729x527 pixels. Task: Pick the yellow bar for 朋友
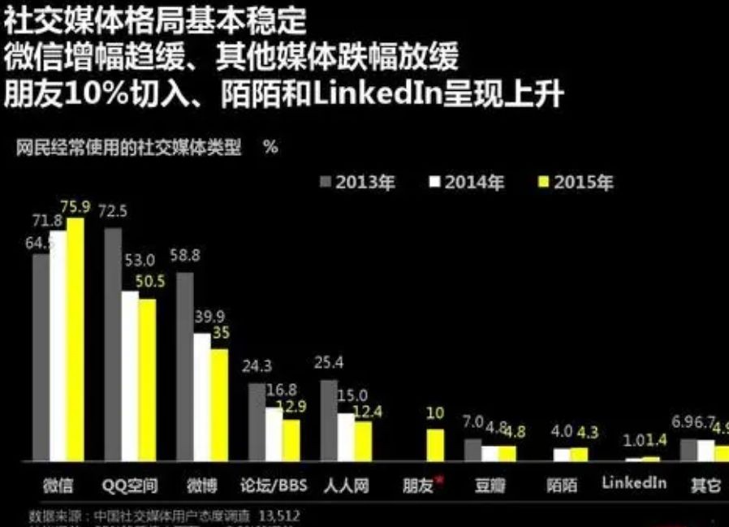click(x=436, y=445)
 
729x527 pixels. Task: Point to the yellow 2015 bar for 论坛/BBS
click(x=291, y=439)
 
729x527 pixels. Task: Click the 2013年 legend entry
click(x=356, y=182)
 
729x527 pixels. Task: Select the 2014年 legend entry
click(x=467, y=182)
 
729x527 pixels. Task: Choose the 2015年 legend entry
click(x=576, y=182)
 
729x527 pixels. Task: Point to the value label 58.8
click(x=184, y=256)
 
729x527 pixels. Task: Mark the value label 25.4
click(x=329, y=362)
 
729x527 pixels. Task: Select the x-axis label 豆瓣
click(x=490, y=486)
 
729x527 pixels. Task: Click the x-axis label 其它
click(x=705, y=486)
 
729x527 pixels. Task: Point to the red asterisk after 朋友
click(x=440, y=480)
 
